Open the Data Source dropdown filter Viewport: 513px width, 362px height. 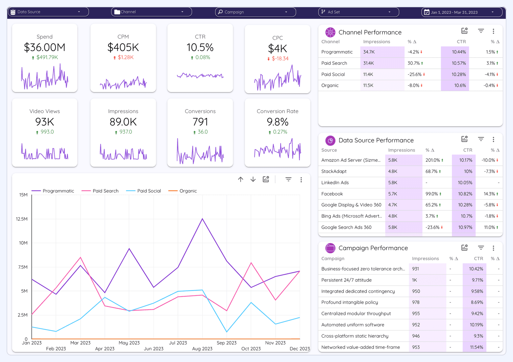[48, 12]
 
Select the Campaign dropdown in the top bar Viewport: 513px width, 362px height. [255, 12]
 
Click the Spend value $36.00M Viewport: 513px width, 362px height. [44, 47]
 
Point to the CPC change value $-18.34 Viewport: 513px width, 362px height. [280, 59]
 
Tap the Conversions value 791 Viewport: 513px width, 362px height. [200, 122]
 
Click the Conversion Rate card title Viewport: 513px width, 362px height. [277, 111]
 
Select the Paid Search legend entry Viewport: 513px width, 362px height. [105, 191]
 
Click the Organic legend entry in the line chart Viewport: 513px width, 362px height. [188, 191]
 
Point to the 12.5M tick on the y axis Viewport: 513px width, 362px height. [22, 219]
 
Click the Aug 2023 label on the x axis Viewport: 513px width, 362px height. [202, 349]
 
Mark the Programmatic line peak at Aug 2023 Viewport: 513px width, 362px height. [202, 219]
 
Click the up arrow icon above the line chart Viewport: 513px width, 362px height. [241, 180]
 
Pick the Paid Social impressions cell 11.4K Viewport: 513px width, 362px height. [368, 74]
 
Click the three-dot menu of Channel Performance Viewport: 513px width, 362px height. [493, 31]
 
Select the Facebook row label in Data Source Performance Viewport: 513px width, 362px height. [332, 194]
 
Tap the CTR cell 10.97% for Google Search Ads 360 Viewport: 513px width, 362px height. [465, 227]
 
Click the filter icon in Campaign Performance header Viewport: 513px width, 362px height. [481, 248]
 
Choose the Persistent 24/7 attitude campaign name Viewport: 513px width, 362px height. [346, 280]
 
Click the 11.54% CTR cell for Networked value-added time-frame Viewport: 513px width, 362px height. [476, 347]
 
